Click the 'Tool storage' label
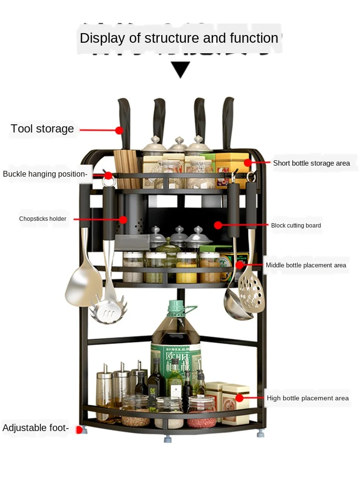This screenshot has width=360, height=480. tap(42, 129)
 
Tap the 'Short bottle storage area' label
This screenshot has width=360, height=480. tap(312, 163)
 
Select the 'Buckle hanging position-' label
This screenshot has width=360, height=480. tap(45, 174)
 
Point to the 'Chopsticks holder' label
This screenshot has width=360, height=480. tap(43, 219)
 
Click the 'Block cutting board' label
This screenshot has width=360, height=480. tap(296, 225)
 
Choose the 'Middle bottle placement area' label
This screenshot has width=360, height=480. tap(306, 265)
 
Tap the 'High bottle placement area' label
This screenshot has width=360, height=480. tap(308, 398)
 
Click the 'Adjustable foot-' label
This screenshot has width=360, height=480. tap(36, 428)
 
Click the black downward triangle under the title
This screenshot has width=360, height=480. tap(181, 70)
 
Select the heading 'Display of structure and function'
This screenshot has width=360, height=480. tap(179, 38)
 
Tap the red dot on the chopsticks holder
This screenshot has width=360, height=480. tap(123, 219)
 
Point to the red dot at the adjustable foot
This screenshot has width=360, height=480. tap(80, 430)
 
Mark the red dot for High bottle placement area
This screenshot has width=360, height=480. tap(240, 398)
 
